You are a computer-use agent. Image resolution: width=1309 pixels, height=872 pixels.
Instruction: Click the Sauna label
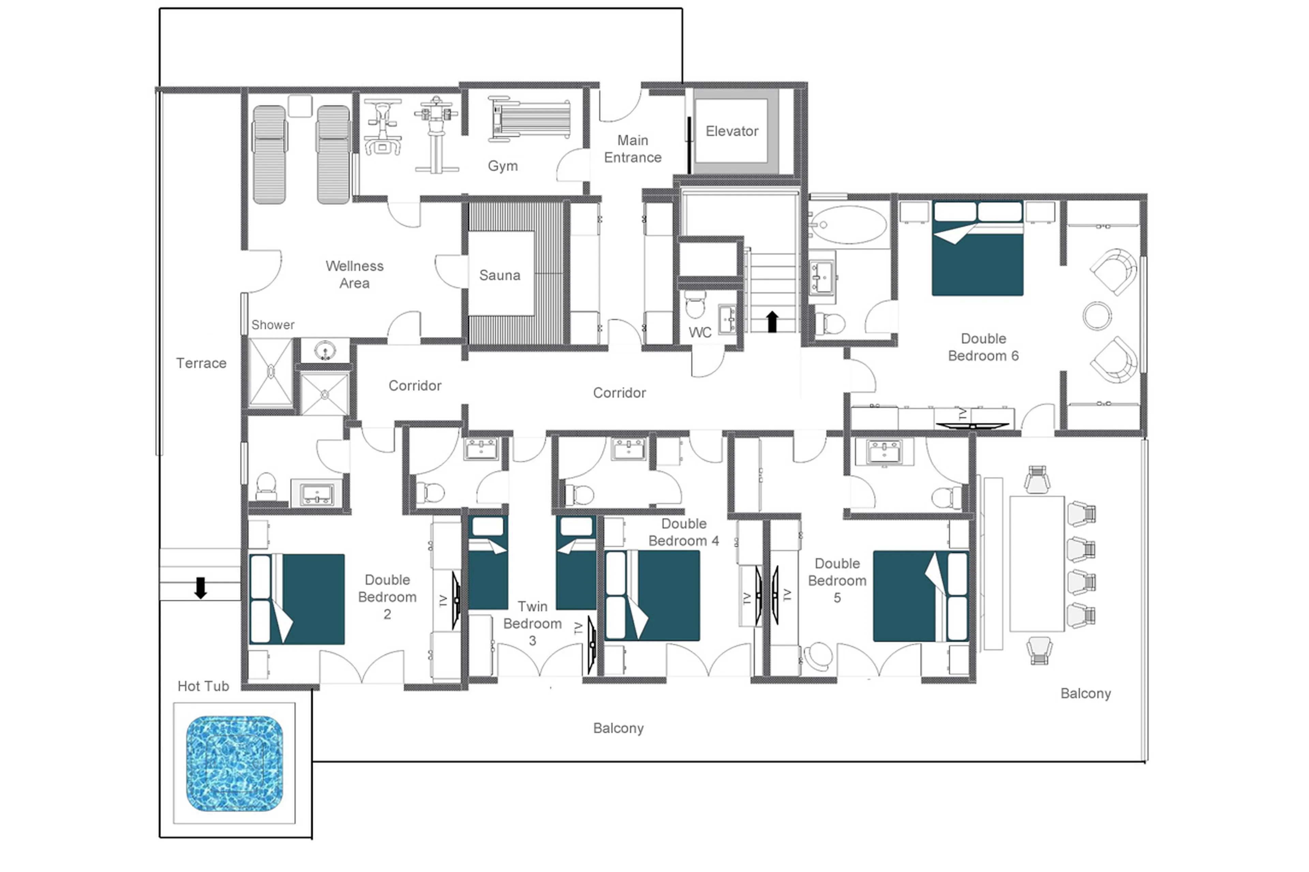coord(499,275)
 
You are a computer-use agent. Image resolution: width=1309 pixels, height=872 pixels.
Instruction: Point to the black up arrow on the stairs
coord(772,321)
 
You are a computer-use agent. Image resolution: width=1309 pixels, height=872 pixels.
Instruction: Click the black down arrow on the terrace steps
coord(200,587)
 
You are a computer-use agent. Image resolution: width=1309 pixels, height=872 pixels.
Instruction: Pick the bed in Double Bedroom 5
coord(920,596)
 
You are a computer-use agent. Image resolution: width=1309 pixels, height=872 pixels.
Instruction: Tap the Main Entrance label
coord(633,149)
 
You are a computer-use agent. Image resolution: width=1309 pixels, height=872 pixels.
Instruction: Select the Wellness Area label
coord(355,274)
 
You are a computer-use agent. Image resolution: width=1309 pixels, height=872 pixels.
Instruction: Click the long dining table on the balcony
coord(1036,563)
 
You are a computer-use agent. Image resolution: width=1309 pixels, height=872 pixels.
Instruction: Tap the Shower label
coord(273,325)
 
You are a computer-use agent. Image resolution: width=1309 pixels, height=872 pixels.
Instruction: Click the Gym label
coord(502,166)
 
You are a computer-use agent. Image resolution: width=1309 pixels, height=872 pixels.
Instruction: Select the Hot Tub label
coord(203,686)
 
